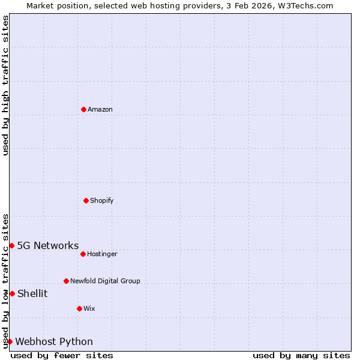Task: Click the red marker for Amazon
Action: tap(83, 109)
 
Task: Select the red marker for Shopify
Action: tap(86, 200)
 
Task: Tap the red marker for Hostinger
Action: tap(83, 254)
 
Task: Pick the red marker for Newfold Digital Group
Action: tap(66, 281)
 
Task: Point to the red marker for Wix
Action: tap(79, 308)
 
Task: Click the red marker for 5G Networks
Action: tap(11, 245)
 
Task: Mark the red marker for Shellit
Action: tap(12, 293)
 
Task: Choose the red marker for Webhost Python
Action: tap(10, 341)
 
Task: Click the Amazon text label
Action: tap(100, 109)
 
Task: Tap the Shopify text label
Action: tap(102, 200)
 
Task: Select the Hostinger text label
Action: tap(102, 254)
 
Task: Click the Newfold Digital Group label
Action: tap(105, 281)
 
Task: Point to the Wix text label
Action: tap(89, 308)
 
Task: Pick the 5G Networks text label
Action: tap(48, 245)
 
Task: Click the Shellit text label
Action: tap(32, 293)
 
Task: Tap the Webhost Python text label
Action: tap(54, 341)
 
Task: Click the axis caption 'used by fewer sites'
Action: tap(62, 355)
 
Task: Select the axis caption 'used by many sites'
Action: tap(301, 355)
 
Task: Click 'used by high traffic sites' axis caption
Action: tap(6, 85)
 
